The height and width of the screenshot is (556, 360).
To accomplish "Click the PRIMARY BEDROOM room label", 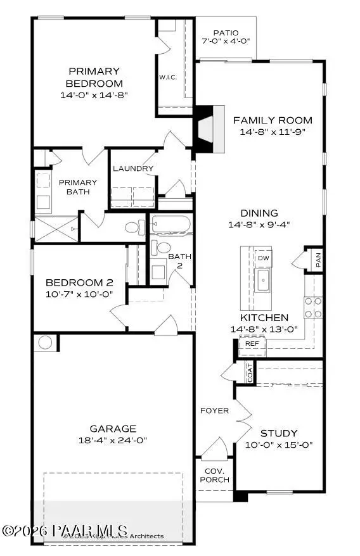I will click(x=95, y=77).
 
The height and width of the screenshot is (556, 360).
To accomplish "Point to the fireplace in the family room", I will click(x=204, y=129).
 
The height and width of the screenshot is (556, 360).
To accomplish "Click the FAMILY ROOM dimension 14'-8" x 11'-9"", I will click(x=273, y=132).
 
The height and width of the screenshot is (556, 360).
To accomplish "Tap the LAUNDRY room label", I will click(x=133, y=168).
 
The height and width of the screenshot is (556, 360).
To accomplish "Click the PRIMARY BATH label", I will click(x=74, y=187).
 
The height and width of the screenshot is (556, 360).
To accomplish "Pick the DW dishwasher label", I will click(x=263, y=258).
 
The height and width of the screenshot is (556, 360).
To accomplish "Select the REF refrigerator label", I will click(x=252, y=344).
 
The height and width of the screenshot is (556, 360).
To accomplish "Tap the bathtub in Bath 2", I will click(x=170, y=225).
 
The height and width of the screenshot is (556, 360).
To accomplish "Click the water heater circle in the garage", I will click(x=45, y=343).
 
